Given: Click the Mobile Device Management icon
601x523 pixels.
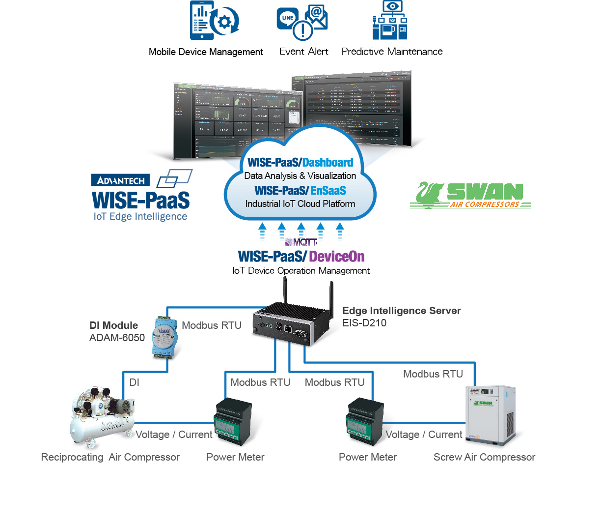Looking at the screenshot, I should tap(214, 21).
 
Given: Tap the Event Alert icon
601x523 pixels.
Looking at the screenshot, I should tap(302, 23).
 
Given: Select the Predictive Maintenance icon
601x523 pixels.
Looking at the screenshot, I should tap(390, 21).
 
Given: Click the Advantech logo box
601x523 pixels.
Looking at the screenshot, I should tap(120, 180).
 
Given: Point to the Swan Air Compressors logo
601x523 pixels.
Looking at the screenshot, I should tap(470, 195).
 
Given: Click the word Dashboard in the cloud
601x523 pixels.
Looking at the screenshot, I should tap(328, 163).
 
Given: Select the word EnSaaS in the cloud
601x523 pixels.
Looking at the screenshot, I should tap(328, 191).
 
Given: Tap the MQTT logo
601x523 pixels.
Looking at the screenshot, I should tap(301, 242).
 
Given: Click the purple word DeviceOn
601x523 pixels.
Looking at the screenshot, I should tap(337, 257).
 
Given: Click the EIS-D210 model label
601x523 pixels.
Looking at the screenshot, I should tap(364, 323).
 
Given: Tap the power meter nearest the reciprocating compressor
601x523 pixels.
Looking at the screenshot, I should tap(232, 422).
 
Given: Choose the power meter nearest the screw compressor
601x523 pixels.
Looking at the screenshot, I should tap(365, 422).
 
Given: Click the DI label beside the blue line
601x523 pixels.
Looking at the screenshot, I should tap(134, 382).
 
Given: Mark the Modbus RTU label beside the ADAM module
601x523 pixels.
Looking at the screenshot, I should tap(212, 325).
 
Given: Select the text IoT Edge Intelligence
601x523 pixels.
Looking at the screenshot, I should tap(140, 216).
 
